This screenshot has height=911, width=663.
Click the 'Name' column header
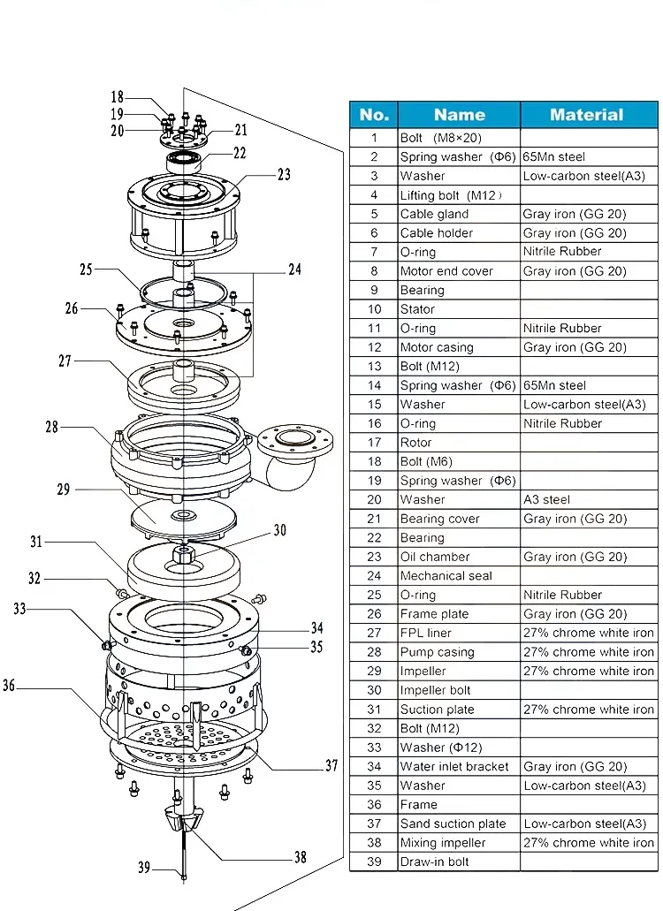459,115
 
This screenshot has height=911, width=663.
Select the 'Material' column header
586,115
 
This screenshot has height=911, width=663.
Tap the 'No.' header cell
374,115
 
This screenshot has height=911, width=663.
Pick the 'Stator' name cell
417,309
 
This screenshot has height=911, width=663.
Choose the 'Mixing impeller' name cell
443,843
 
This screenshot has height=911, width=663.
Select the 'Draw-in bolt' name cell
435,862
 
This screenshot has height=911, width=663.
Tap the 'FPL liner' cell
426,633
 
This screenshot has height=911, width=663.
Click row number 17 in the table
374,443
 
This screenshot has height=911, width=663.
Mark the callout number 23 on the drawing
283,175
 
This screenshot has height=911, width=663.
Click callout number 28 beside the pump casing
52,427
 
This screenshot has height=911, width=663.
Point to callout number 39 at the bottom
144,868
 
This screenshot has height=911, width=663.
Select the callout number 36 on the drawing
10,685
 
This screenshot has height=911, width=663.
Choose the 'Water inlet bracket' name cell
454,766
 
